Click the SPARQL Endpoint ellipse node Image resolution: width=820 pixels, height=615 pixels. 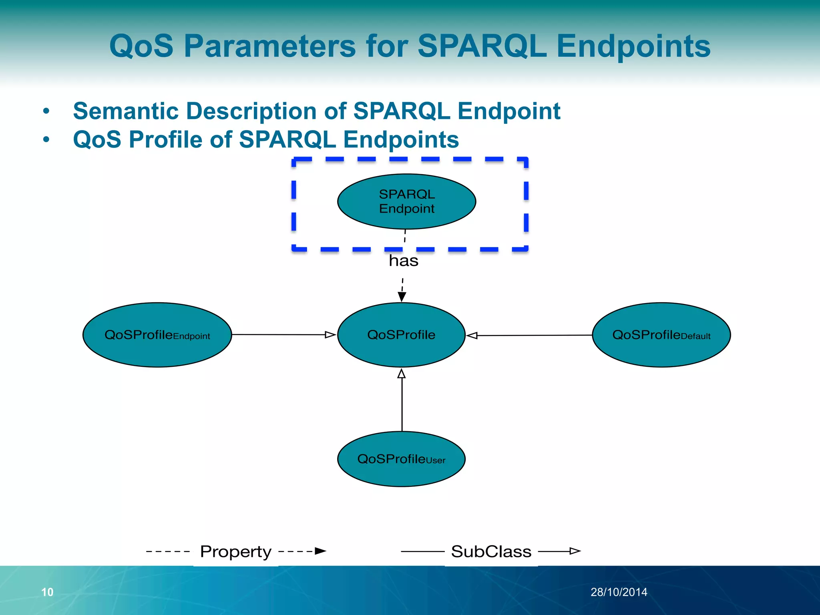406,201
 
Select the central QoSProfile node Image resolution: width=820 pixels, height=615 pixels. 401,335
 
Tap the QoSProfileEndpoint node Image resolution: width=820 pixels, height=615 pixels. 157,335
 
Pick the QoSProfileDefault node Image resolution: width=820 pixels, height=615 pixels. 661,335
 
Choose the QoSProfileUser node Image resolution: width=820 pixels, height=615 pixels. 401,459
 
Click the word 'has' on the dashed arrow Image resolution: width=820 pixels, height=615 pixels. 404,261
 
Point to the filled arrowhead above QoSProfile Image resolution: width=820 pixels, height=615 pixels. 402,297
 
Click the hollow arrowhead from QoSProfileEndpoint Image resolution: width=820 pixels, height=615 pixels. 330,335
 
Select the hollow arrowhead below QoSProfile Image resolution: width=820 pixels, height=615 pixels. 402,374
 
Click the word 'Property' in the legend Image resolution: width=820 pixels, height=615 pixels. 236,552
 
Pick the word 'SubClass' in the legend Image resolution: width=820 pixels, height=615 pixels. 491,552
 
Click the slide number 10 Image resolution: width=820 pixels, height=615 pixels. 47,592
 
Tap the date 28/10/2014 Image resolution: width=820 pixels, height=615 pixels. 619,592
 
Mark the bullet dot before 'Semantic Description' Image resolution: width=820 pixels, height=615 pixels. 46,111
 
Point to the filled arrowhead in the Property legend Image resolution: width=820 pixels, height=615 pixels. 320,551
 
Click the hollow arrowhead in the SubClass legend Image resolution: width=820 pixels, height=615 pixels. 575,551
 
